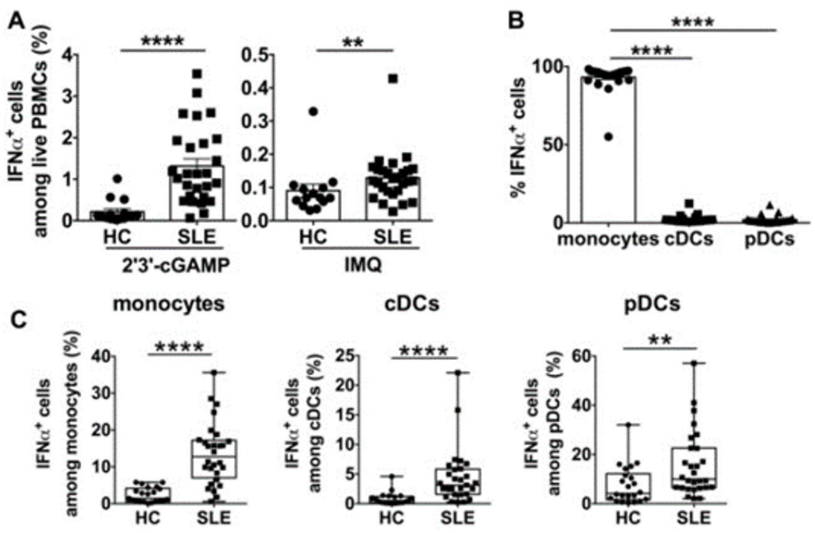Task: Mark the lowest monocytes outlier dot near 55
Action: pyautogui.click(x=608, y=136)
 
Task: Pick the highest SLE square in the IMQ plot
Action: pyautogui.click(x=393, y=78)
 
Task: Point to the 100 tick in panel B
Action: pyautogui.click(x=552, y=66)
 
